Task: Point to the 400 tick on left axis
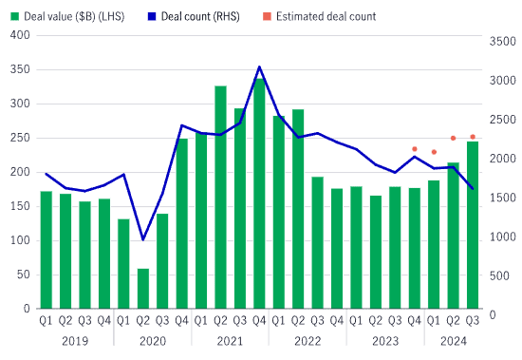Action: click(x=20, y=35)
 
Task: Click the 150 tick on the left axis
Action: click(x=20, y=206)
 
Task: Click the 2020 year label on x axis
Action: click(x=153, y=341)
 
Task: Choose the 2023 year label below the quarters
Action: click(x=385, y=341)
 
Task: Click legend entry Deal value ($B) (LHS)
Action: click(x=72, y=16)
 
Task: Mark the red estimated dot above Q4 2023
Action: click(x=415, y=149)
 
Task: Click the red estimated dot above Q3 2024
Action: click(x=473, y=137)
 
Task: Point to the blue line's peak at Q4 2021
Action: click(x=259, y=67)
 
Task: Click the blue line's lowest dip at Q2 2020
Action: click(x=143, y=239)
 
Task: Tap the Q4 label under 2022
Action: click(x=337, y=321)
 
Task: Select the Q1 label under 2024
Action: click(x=434, y=321)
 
